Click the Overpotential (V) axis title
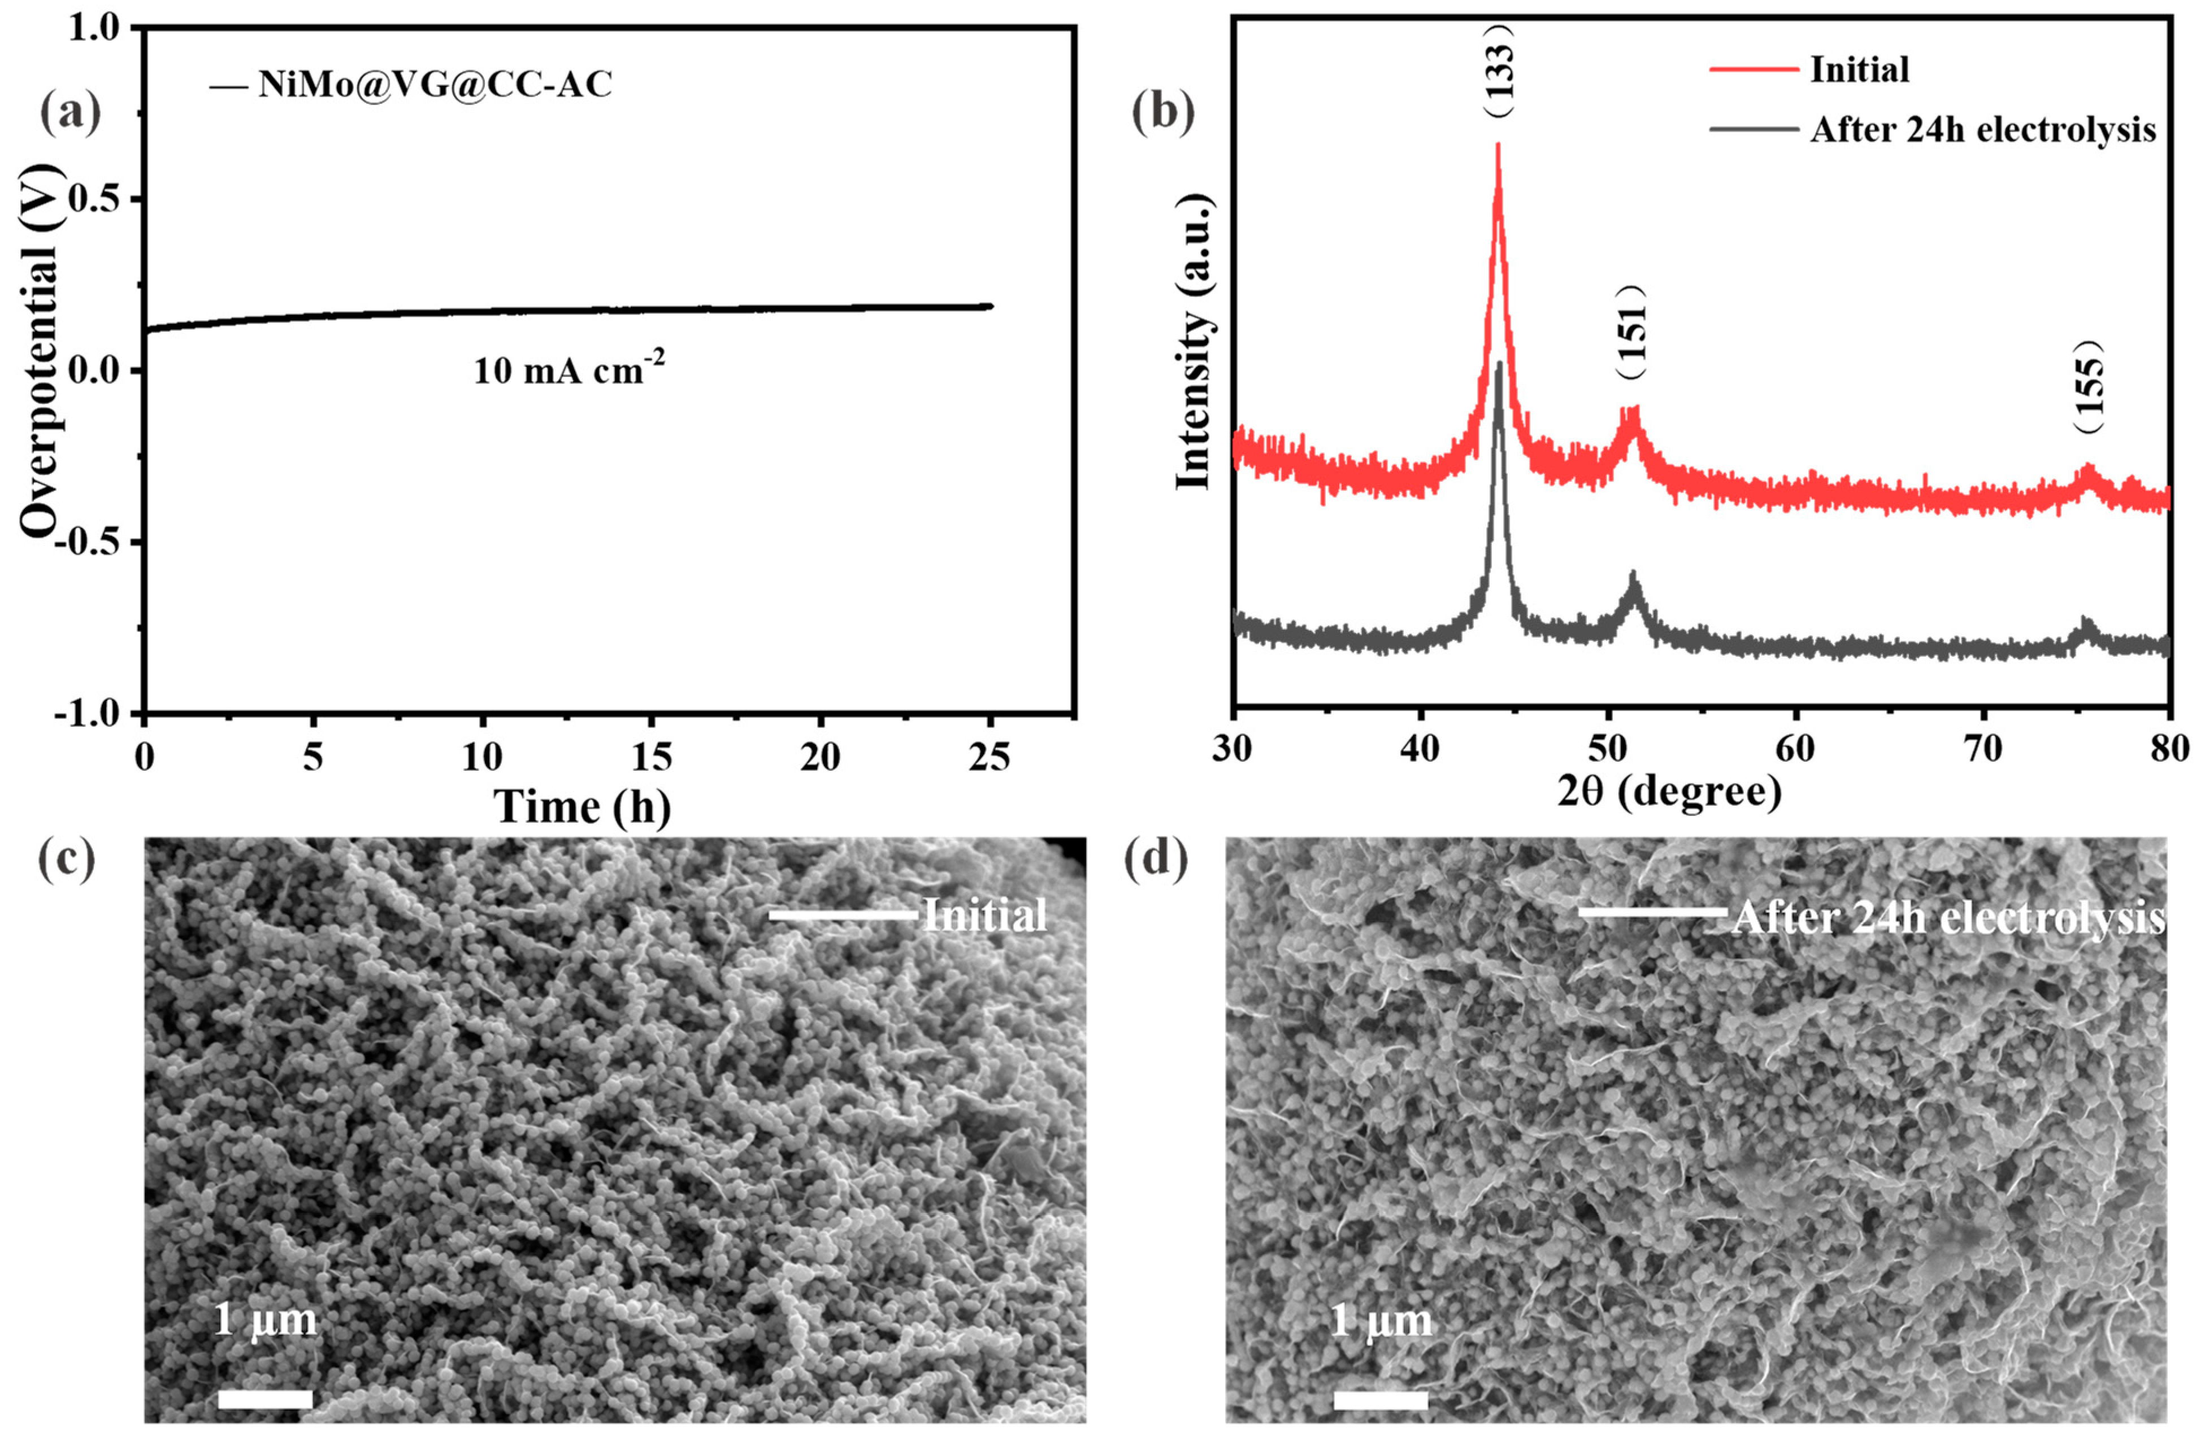coord(39,352)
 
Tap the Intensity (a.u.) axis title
coord(1193,343)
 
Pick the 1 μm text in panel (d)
coord(1381,1320)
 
